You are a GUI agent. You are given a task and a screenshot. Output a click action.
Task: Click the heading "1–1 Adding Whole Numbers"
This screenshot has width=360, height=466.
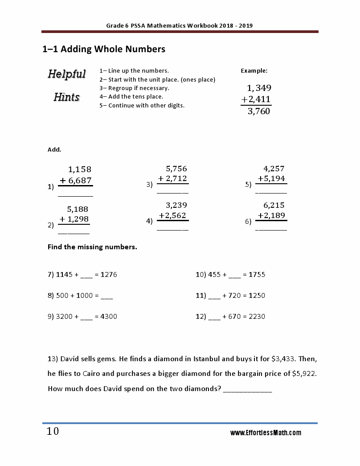click(103, 49)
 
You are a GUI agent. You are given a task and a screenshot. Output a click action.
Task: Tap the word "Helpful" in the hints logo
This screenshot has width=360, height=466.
click(67, 74)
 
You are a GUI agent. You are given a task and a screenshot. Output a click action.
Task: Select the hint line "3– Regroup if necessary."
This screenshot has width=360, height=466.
click(134, 88)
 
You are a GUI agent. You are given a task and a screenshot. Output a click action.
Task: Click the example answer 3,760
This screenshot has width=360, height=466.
click(258, 111)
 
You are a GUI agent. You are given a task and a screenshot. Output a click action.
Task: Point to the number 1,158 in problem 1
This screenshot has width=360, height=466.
click(79, 169)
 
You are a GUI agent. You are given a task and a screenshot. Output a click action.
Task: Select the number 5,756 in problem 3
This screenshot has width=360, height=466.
click(176, 169)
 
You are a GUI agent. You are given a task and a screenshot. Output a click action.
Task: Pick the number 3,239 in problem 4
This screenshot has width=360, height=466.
click(176, 206)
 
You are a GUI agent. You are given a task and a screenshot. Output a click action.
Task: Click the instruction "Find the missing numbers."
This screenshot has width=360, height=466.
click(92, 247)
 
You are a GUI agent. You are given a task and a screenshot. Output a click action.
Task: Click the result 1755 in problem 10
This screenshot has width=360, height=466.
click(257, 275)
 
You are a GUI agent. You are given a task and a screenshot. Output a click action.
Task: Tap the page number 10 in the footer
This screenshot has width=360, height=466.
click(53, 432)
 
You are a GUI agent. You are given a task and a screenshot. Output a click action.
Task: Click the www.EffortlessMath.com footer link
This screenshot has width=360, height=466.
click(266, 433)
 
